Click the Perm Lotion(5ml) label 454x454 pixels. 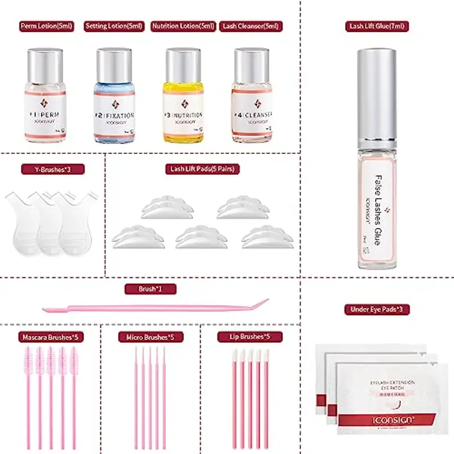coord(46,26)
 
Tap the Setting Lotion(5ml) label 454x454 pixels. coord(113,26)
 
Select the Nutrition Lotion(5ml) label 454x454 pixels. coord(183,26)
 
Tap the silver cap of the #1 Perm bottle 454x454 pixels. coord(46,61)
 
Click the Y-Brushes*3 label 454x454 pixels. coord(52,169)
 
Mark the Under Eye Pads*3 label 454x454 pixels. coord(377,309)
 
